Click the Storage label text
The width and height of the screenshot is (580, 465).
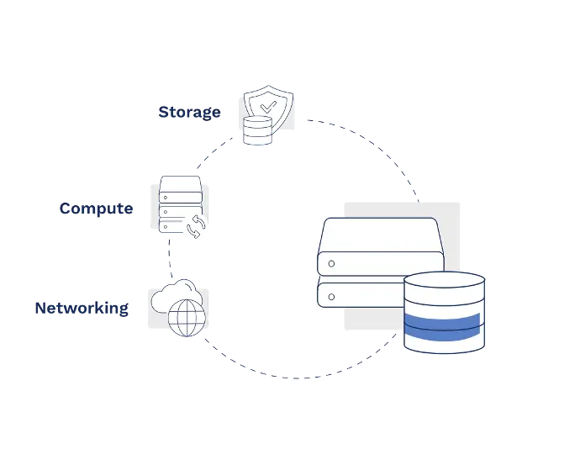pos(190,111)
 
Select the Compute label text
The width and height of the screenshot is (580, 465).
pos(94,208)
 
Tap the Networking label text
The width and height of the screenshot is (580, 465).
pos(83,308)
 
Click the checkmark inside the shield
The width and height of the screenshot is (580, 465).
pos(267,107)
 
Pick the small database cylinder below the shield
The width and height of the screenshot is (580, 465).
pos(257,131)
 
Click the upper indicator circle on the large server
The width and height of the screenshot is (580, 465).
pos(332,263)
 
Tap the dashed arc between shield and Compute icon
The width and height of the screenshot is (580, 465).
pos(210,154)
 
